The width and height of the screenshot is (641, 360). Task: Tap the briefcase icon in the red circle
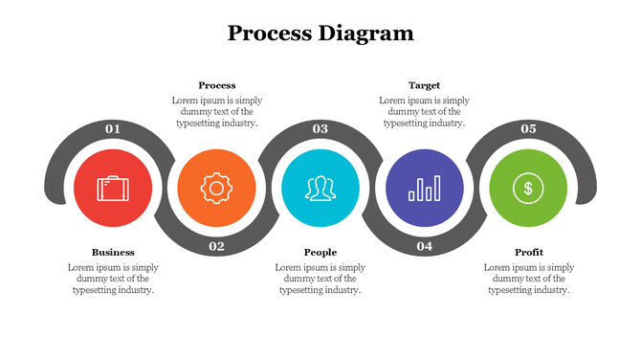(113, 188)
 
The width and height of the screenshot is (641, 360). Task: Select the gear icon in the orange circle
(217, 188)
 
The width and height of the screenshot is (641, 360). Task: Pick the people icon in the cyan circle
(320, 188)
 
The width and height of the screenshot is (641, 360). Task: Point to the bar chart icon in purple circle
(424, 188)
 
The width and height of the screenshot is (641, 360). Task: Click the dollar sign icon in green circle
(527, 188)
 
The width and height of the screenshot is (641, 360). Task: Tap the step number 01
(113, 128)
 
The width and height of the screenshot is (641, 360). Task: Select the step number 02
(217, 247)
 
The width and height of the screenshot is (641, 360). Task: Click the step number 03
(320, 128)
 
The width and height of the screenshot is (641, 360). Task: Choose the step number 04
(424, 247)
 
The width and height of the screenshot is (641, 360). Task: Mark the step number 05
(528, 128)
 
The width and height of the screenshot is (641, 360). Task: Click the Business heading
(113, 253)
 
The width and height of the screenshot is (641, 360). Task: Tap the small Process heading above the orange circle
(217, 85)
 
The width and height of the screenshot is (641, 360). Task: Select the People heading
(320, 253)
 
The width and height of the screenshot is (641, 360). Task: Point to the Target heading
(424, 85)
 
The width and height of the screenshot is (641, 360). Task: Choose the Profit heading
(528, 253)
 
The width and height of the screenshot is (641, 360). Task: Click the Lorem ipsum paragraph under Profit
(528, 279)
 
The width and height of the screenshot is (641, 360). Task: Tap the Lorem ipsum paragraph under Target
(424, 111)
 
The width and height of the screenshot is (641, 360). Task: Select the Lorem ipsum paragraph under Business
(113, 279)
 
